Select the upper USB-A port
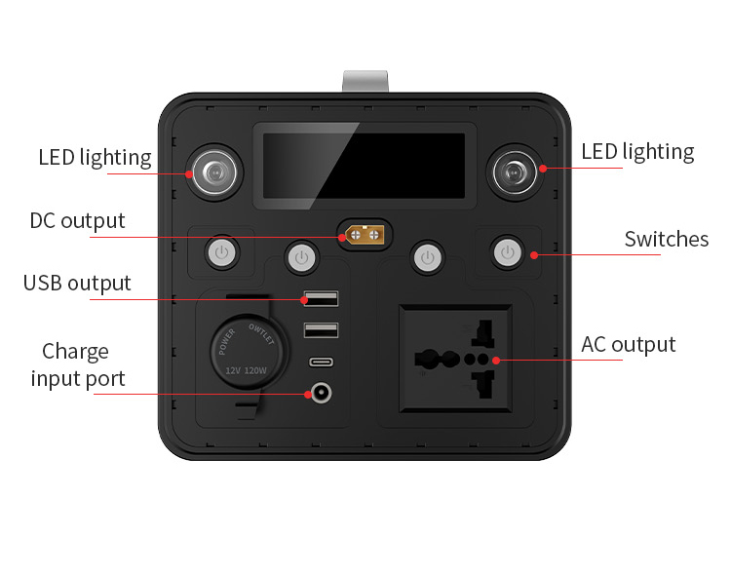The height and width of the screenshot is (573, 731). (321, 299)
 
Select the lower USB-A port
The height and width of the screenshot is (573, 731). (321, 330)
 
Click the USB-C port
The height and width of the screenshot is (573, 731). (322, 363)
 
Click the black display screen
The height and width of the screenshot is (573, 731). (365, 166)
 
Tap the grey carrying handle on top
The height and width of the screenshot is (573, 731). (365, 82)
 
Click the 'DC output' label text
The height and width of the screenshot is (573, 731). (77, 221)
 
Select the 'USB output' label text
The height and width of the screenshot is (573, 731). (77, 284)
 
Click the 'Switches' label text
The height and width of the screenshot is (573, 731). (667, 240)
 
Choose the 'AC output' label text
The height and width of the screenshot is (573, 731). (628, 345)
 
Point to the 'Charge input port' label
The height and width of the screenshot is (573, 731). (77, 365)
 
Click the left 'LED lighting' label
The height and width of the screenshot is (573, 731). (95, 157)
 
